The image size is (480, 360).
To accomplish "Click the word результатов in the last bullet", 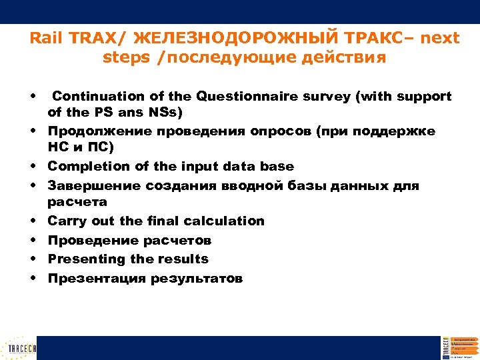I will click(196, 278).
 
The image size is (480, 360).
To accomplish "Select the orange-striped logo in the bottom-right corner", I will click(459, 347).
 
